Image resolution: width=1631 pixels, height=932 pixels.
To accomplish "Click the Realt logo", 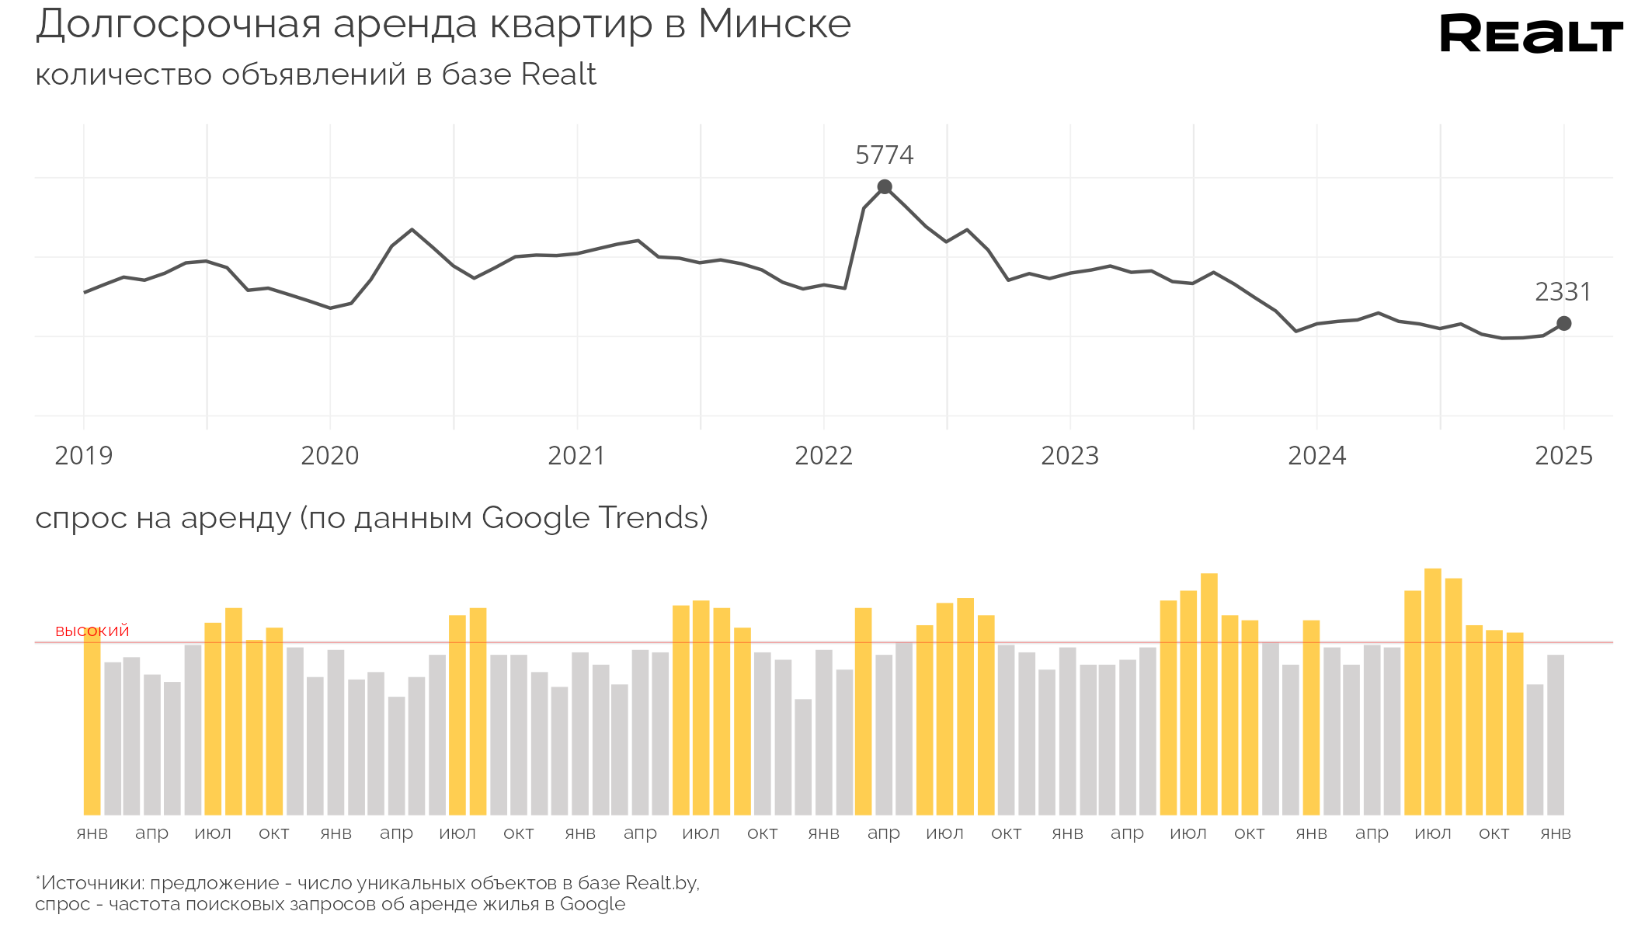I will (x=1530, y=34).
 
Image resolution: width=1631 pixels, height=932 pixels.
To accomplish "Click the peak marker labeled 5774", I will (x=885, y=187).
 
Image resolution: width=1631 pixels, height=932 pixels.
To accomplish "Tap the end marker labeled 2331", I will (x=1564, y=323).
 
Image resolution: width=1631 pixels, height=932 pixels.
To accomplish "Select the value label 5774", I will (x=884, y=155).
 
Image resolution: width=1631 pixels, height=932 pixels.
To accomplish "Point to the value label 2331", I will (x=1563, y=292).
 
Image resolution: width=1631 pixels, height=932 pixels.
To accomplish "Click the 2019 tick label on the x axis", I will (x=84, y=456).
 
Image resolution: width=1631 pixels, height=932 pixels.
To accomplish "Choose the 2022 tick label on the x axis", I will (x=823, y=456).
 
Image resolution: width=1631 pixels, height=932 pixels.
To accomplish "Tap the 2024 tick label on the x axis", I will (x=1316, y=456).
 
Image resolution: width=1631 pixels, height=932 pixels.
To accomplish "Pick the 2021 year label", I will (x=576, y=456).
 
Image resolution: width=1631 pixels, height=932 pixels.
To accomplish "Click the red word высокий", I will (x=92, y=631).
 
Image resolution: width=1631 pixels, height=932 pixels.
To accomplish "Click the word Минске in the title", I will (x=774, y=25).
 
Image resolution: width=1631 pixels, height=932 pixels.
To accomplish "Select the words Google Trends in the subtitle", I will (x=593, y=518).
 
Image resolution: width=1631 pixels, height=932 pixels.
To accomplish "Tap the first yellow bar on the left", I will (x=92, y=722).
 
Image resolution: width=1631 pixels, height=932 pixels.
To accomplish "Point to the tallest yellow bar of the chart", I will (x=1433, y=691).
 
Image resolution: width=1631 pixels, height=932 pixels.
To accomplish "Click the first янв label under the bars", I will (x=92, y=833).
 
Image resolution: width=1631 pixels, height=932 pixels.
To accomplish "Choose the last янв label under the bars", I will (x=1556, y=833).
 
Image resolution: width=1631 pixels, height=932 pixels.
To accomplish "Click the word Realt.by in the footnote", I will (x=661, y=883).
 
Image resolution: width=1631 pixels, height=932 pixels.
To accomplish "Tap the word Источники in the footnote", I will (x=92, y=883).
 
